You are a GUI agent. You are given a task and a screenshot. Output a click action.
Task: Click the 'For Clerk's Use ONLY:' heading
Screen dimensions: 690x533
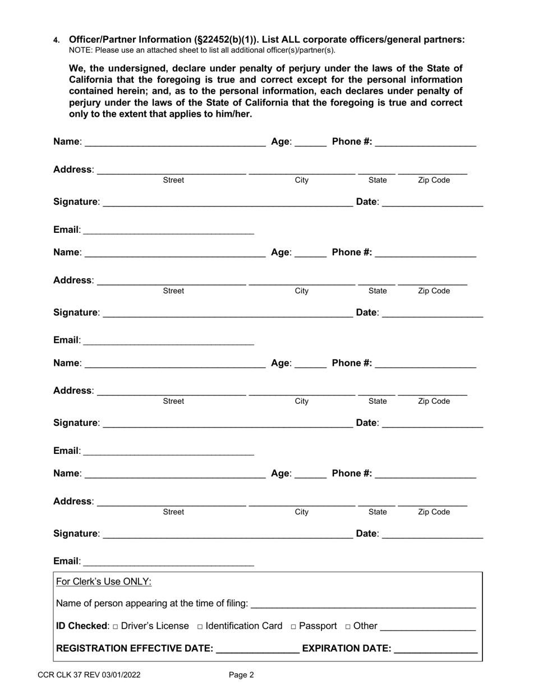point(104,582)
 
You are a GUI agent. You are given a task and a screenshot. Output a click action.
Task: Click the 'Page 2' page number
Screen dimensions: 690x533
point(241,675)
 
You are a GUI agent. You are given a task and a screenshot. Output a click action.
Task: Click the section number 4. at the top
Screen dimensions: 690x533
point(56,40)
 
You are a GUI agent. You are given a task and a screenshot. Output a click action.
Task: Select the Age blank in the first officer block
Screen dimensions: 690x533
point(310,142)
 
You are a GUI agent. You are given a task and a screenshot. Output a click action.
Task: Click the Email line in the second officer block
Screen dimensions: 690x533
point(168,342)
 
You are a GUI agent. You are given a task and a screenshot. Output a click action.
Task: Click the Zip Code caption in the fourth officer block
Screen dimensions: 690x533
point(433,512)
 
